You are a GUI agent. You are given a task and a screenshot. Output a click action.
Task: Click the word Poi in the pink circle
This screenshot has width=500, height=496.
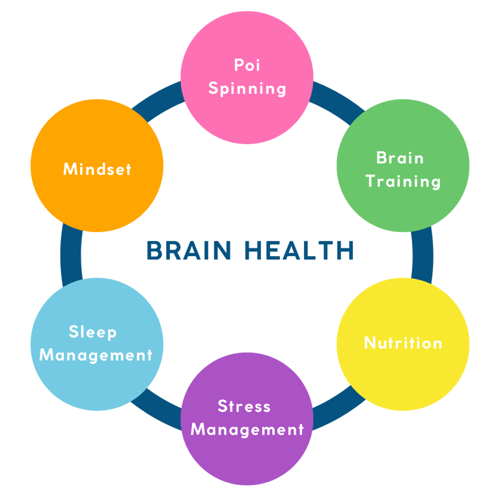pos(247,65)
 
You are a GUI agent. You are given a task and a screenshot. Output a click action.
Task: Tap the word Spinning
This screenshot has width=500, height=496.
pos(247,88)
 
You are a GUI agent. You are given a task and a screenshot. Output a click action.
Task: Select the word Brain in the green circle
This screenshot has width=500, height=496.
pos(400,158)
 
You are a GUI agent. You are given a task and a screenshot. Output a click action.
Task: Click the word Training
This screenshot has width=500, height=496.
pos(403,181)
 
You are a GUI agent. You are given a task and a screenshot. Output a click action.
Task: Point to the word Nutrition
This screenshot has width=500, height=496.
pos(403,343)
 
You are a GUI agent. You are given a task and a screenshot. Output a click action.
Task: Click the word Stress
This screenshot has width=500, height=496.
pos(244,407)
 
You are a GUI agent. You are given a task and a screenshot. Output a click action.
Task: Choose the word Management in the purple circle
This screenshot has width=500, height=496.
pos(247,430)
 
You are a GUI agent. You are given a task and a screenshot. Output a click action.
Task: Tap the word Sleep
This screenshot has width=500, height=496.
pos(93,332)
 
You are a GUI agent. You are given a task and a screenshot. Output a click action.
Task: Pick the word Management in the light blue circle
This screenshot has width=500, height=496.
pos(96,355)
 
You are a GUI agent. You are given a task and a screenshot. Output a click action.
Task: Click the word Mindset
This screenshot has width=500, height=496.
pos(97,169)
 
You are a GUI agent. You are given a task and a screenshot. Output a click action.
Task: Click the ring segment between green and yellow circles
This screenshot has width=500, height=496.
pos(423,254)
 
